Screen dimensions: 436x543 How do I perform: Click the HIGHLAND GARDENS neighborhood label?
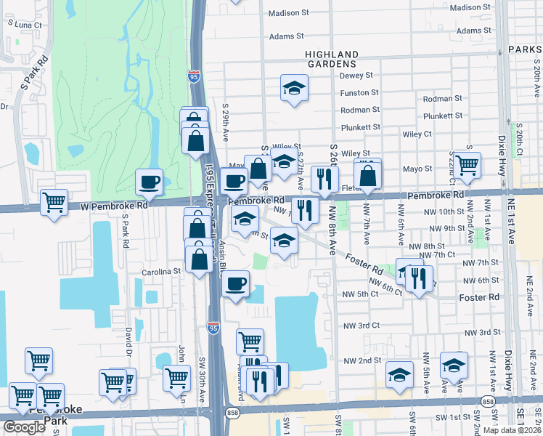[x=332, y=59]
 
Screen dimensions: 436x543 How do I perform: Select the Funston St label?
[x=360, y=93]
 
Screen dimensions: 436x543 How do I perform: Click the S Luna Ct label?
[x=25, y=24]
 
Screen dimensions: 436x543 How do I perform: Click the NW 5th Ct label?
[x=360, y=294]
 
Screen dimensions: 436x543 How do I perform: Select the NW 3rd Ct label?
[x=362, y=326]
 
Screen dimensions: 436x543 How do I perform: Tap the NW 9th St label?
[x=445, y=228]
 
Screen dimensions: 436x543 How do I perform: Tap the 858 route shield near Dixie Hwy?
[x=489, y=401]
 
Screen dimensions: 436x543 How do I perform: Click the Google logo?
[x=25, y=427]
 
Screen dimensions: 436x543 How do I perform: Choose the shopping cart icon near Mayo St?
[x=467, y=164]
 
